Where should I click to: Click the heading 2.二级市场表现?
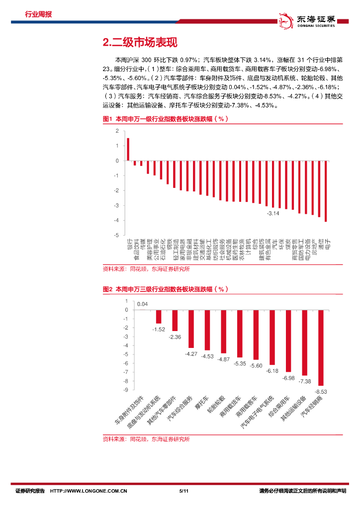140,43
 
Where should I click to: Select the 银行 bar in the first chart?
128,150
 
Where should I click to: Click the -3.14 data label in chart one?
273,213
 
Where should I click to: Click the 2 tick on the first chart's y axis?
117,131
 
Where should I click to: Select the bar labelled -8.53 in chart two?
321,347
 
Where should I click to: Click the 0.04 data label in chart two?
143,304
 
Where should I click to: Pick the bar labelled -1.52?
159,317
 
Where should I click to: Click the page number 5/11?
182,491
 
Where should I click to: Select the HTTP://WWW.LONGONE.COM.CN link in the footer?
89,491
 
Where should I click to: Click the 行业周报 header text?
38,14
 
